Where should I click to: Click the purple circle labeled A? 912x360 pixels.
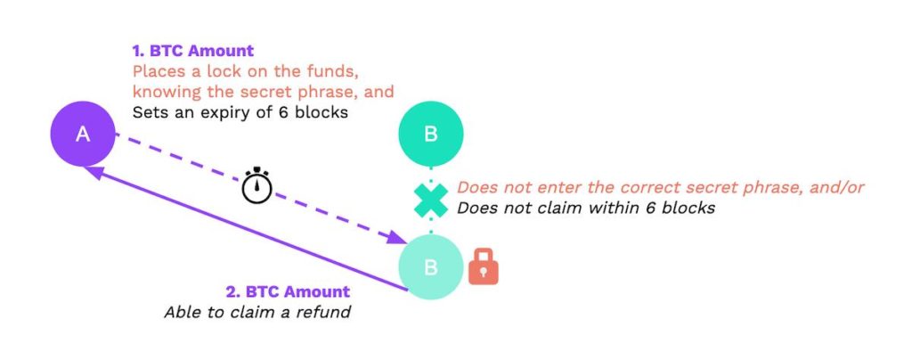pyautogui.click(x=83, y=135)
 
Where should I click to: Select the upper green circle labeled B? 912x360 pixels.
pyautogui.click(x=430, y=134)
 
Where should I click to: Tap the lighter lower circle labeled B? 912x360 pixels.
pyautogui.click(x=430, y=267)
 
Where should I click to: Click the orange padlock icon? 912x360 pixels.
pyautogui.click(x=484, y=267)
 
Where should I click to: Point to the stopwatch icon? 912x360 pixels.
pyautogui.click(x=257, y=187)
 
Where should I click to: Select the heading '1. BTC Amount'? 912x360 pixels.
pyautogui.click(x=193, y=51)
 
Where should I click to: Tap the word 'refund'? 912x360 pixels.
pyautogui.click(x=322, y=312)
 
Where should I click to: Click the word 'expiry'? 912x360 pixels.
pyautogui.click(x=221, y=112)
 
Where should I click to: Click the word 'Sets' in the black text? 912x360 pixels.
pyautogui.click(x=149, y=112)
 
